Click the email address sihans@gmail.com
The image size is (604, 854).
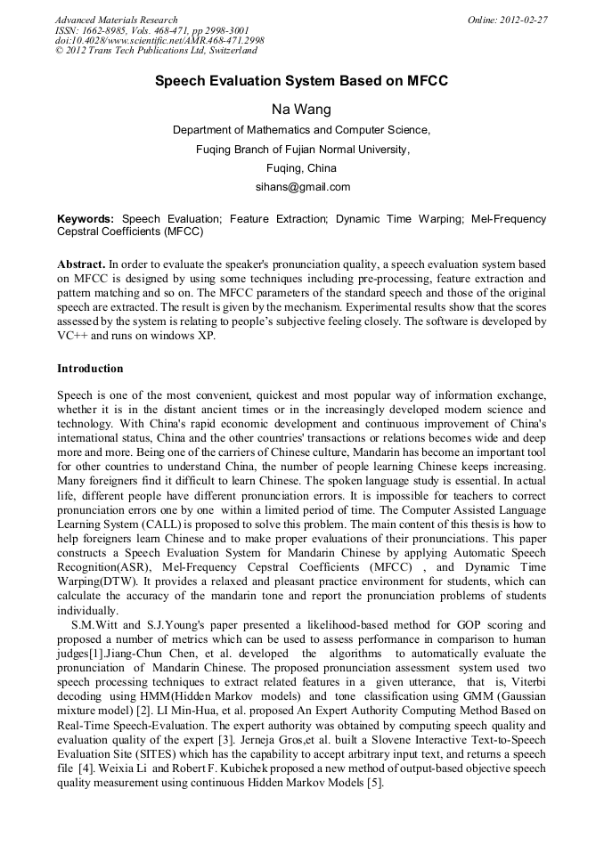[x=301, y=187]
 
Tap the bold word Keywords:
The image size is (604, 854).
[x=86, y=218]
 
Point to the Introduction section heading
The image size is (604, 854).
[x=90, y=368]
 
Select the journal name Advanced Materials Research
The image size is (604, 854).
[x=116, y=20]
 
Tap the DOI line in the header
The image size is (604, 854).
[x=159, y=41]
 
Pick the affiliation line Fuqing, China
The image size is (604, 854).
[x=301, y=167]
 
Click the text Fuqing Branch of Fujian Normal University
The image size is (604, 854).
[x=301, y=149]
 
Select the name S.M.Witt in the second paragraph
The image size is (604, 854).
[x=94, y=624]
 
